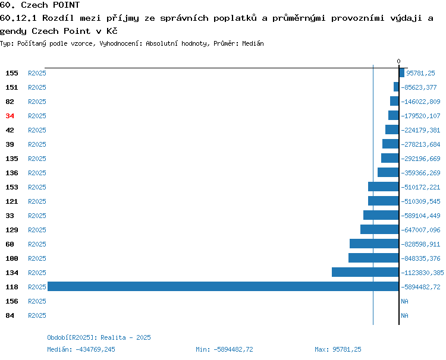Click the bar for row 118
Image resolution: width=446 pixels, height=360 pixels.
(x=223, y=286)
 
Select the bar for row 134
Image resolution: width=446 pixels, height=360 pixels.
(x=365, y=272)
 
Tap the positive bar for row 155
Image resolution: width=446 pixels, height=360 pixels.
(x=401, y=72)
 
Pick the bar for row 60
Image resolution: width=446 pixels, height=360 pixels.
(x=374, y=244)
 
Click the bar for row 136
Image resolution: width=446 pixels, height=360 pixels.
(x=388, y=172)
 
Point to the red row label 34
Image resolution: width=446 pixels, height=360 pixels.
(x=10, y=116)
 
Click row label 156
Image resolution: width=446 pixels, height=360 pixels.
(x=12, y=301)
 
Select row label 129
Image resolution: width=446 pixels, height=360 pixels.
(x=12, y=230)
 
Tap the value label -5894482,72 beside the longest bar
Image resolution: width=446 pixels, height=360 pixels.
(x=420, y=287)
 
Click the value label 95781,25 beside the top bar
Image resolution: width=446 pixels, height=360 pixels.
(x=420, y=73)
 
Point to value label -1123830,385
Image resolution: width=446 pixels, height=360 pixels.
(x=422, y=273)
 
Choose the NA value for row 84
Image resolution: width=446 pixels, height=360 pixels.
(x=404, y=315)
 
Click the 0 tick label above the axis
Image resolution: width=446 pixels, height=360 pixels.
(x=398, y=61)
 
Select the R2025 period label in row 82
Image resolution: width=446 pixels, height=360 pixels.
(x=37, y=102)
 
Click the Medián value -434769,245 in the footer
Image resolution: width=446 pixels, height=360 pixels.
(x=95, y=349)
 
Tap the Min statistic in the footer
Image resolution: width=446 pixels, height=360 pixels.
(x=224, y=349)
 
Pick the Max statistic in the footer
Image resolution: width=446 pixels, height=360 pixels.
(x=338, y=349)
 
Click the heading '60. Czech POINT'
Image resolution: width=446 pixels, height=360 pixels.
(x=40, y=5)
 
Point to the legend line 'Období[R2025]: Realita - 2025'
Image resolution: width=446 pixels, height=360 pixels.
(x=99, y=337)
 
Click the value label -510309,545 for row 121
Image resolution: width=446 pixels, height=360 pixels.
(x=420, y=201)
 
